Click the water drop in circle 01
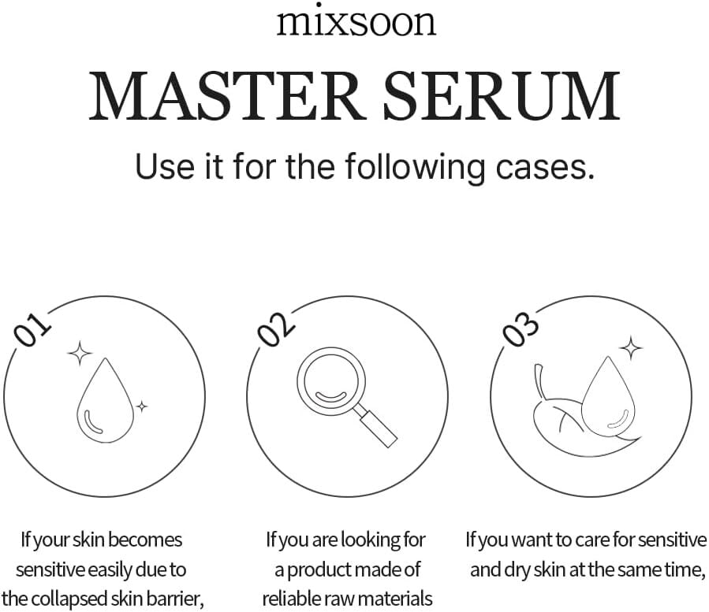[104, 402]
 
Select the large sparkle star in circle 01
[79, 354]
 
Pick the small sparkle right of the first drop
[141, 406]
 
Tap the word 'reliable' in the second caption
[293, 596]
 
